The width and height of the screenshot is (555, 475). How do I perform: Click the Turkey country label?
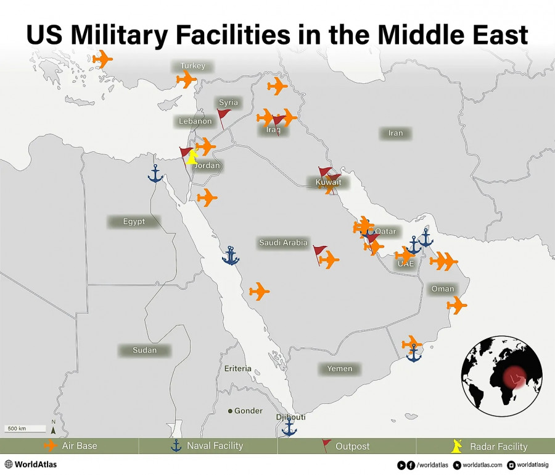click(x=193, y=66)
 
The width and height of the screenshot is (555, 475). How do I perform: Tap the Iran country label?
click(x=395, y=133)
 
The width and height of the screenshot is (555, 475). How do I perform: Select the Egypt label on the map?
click(x=134, y=221)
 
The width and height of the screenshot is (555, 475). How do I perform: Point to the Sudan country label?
click(x=144, y=350)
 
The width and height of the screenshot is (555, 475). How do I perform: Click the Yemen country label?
click(x=340, y=369)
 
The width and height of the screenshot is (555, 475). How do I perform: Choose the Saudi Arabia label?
click(x=283, y=243)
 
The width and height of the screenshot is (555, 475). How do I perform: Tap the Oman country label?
click(x=443, y=288)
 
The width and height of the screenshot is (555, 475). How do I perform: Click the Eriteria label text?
click(x=238, y=369)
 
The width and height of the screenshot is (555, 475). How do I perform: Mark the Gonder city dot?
click(x=231, y=411)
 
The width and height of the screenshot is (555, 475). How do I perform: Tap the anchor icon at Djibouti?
click(x=289, y=427)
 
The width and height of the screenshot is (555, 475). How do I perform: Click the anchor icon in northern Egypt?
click(x=155, y=174)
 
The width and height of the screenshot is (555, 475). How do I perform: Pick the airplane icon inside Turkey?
click(x=186, y=80)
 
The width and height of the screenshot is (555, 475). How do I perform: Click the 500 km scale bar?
click(x=26, y=428)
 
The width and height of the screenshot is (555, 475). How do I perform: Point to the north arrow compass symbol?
click(x=54, y=427)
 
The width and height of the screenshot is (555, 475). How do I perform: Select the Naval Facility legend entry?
click(x=208, y=445)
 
